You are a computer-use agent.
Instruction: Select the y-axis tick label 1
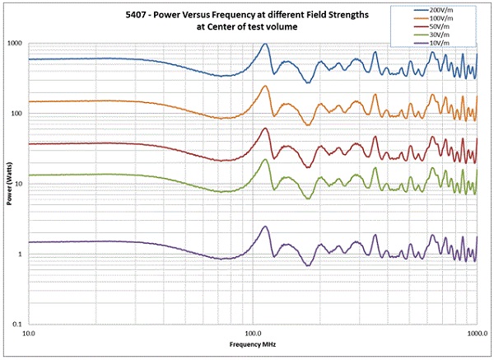coord(22,255)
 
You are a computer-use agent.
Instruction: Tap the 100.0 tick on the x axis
coord(254,334)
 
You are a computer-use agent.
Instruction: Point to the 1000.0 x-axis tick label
coord(477,334)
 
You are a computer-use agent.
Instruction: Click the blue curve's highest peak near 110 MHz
coord(265,44)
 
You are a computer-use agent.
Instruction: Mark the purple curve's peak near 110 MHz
coord(265,227)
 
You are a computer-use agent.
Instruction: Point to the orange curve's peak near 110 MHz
coord(265,86)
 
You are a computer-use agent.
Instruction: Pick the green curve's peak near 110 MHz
coord(265,160)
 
